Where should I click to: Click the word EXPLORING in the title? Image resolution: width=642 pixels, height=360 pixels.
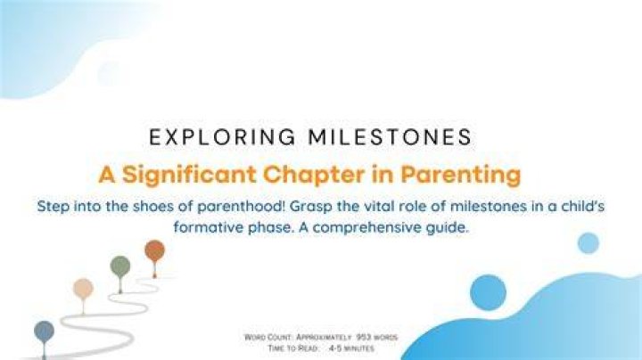[x=222, y=137]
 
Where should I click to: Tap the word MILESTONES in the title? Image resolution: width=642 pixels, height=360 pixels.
[x=391, y=137]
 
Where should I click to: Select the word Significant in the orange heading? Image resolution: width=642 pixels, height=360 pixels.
[x=190, y=175]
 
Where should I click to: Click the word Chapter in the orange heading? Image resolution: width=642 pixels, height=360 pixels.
[x=314, y=175]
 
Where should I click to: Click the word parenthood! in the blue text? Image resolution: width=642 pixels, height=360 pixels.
[x=241, y=206]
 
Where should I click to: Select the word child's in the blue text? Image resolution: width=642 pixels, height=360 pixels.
[x=582, y=206]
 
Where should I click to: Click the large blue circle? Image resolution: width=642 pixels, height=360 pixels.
[x=488, y=292]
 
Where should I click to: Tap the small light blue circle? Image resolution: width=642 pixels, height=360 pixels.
[x=588, y=243]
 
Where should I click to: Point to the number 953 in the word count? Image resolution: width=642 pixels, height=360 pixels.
[x=363, y=337]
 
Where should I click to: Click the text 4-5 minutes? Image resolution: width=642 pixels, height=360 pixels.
[x=351, y=348]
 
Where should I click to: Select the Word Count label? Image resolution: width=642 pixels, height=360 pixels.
[x=267, y=338]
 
